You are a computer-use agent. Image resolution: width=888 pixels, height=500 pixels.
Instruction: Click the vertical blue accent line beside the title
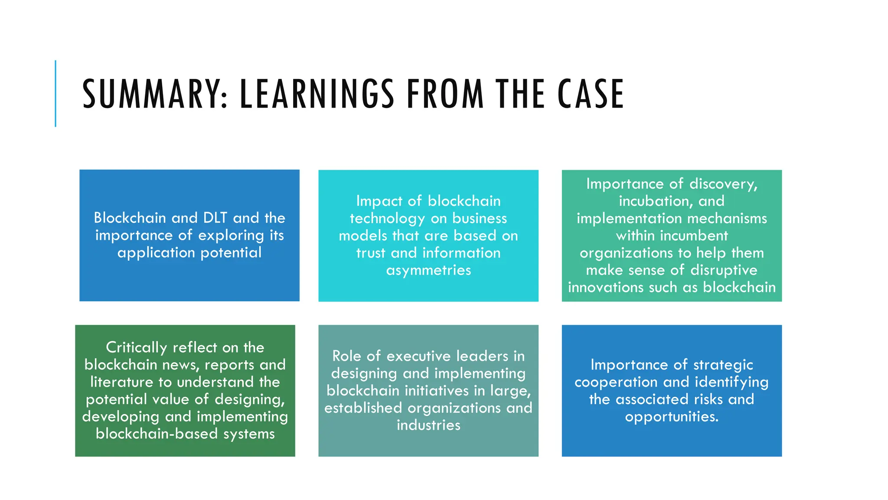(55, 93)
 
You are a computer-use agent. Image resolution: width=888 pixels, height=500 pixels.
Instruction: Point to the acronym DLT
(215, 217)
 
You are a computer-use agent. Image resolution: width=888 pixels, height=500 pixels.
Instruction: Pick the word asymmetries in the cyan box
(428, 270)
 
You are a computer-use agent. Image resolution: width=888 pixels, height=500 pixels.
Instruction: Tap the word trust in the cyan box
(371, 253)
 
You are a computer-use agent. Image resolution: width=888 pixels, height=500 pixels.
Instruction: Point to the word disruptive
(724, 270)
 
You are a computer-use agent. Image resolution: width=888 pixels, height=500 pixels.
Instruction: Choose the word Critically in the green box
(136, 347)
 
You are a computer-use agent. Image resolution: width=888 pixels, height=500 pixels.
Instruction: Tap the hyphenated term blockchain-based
(157, 434)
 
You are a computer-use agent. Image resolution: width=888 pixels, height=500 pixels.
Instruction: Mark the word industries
(428, 425)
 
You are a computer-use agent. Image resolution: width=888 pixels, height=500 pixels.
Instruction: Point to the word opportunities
(671, 417)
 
